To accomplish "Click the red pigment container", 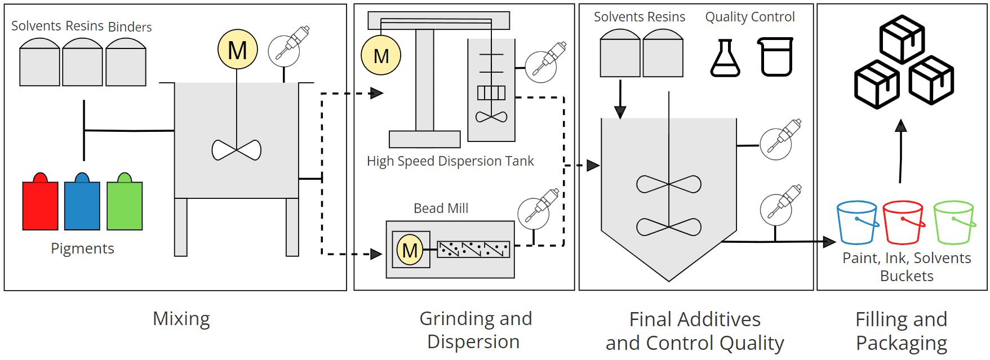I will click(40, 205).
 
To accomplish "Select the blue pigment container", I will click(82, 205).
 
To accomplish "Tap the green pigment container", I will click(125, 205).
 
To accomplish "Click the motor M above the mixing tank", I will click(237, 50).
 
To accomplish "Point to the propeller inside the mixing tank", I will click(237, 150).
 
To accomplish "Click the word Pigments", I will click(82, 248).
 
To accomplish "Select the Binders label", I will click(130, 27).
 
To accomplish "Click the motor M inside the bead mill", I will click(410, 250).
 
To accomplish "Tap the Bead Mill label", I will click(441, 208).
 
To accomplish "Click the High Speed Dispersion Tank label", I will click(450, 161).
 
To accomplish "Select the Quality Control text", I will click(749, 17).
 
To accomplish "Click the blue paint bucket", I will click(857, 223).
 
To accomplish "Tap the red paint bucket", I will click(903, 223).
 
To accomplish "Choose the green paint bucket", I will click(953, 223).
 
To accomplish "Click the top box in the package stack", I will click(902, 39).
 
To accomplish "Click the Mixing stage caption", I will click(181, 319).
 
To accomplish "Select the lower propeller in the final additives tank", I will click(669, 227).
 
